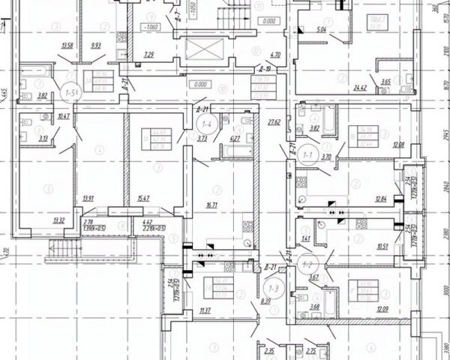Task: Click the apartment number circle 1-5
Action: [x=72, y=92]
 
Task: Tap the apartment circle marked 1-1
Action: [x=307, y=154]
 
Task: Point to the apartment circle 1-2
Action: [x=306, y=264]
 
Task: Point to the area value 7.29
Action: [x=150, y=54]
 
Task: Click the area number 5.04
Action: [x=322, y=30]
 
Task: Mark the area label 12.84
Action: [x=382, y=199]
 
